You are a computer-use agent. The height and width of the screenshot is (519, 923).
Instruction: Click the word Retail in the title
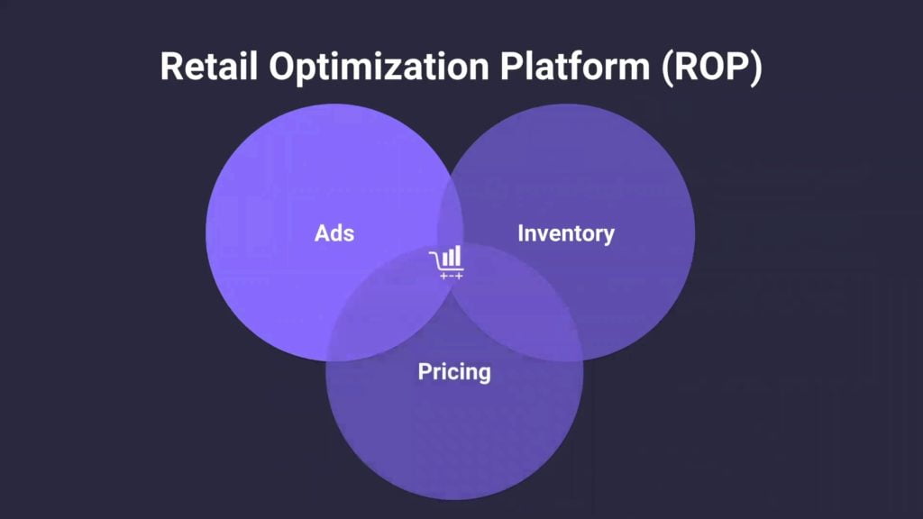[209, 66]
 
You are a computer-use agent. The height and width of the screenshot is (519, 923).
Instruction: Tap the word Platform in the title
[574, 66]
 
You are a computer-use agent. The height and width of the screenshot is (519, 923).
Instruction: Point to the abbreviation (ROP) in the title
[712, 67]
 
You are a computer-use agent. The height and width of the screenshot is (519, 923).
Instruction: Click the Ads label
[334, 233]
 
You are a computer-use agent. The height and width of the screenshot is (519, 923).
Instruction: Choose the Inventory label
[566, 234]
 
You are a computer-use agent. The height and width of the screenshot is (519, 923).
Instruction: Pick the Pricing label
[454, 372]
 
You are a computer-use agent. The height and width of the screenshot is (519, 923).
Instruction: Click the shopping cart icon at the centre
[447, 262]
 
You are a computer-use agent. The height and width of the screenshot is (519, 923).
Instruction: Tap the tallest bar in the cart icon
[458, 255]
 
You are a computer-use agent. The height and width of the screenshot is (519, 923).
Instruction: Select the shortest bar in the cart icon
[444, 259]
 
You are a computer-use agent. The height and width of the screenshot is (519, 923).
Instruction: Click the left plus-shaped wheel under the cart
[443, 276]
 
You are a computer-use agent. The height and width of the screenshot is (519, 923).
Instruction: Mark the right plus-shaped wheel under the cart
[459, 276]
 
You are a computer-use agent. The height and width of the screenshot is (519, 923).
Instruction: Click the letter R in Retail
[171, 66]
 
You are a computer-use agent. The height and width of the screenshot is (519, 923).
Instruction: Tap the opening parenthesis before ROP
[668, 68]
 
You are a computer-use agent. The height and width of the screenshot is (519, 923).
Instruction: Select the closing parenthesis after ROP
[756, 68]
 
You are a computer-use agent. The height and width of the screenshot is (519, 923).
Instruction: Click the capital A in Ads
[322, 233]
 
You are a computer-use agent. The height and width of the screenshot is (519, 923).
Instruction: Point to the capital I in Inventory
[520, 233]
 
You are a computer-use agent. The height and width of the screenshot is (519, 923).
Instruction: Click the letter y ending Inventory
[608, 237]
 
